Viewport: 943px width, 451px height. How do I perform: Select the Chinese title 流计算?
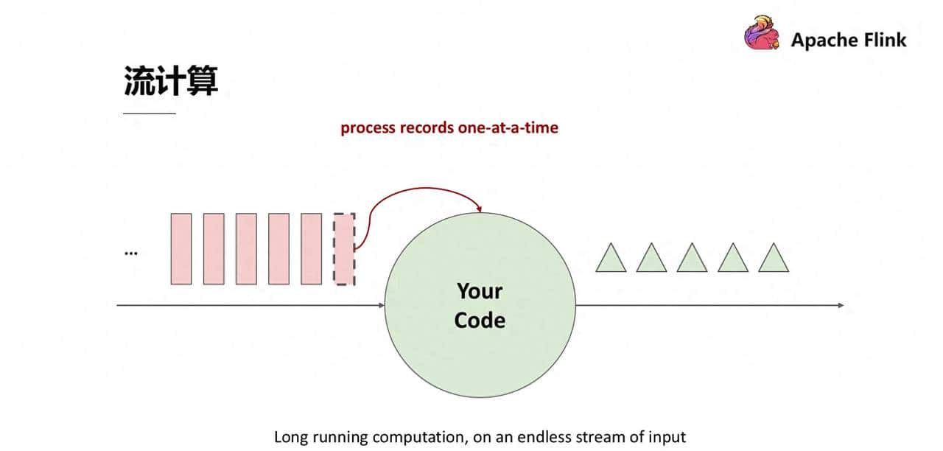170,81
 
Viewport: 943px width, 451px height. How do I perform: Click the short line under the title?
150,113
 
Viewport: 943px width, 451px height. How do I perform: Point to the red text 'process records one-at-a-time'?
449,127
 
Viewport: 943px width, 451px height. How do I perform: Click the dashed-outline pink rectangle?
344,248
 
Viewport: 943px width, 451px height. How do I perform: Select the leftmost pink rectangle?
181,248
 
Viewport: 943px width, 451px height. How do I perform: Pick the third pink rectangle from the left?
246,248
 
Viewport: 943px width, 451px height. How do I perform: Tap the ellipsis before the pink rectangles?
130,252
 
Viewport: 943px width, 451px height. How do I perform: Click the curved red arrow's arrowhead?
479,209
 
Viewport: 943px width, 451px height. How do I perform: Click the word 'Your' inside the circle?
480,291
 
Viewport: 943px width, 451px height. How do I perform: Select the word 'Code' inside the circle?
480,321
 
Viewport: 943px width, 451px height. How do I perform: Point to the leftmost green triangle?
611,258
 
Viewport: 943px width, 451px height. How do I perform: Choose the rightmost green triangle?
774,258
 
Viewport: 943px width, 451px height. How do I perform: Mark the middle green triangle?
693,258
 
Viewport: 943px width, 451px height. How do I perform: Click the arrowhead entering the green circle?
381,304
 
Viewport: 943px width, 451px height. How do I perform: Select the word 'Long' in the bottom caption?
290,437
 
